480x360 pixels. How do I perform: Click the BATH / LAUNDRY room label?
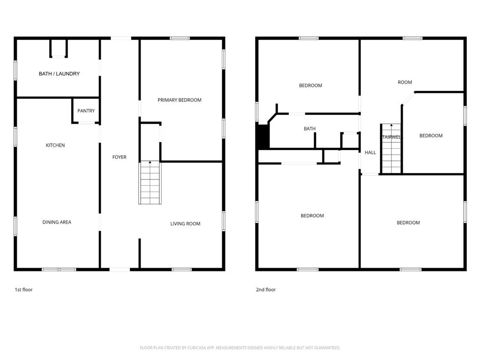[59, 74]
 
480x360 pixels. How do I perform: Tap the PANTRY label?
[86, 111]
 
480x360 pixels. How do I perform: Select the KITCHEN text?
[55, 145]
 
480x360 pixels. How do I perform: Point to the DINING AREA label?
[57, 222]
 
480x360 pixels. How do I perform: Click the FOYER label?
[119, 157]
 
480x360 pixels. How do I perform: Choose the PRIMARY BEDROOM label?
[180, 100]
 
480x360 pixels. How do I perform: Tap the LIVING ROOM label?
[185, 224]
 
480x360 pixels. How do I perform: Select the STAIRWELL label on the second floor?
[390, 137]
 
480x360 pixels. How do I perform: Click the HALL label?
[370, 152]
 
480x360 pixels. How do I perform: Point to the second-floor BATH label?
[309, 128]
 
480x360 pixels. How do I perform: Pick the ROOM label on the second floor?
[405, 82]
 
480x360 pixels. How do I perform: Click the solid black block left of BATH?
[263, 136]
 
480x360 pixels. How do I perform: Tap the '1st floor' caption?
[23, 290]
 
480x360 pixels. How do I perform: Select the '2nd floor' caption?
[266, 290]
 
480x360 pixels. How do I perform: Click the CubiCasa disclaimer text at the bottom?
[240, 348]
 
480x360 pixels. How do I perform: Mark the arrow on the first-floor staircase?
[150, 162]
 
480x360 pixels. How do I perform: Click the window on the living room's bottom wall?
[181, 270]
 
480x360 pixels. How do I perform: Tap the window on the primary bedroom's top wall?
[180, 38]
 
